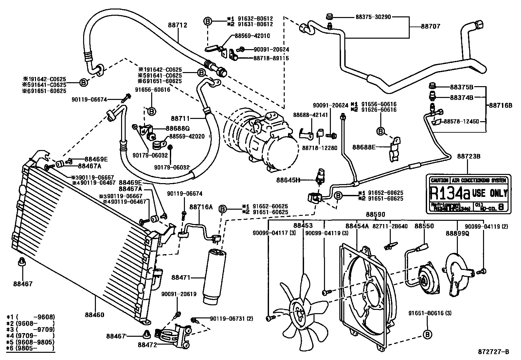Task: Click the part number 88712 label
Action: pos(178,25)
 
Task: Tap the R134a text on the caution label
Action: pos(449,194)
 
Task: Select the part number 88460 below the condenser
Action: pos(94,315)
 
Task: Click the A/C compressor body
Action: pos(265,141)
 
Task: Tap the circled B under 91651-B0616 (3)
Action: pos(427,334)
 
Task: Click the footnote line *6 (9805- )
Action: pos(30,348)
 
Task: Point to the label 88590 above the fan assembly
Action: pos(375,214)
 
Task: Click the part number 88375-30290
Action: pos(373,17)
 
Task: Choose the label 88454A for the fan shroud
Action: pos(357,226)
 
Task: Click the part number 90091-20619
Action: pos(179,294)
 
